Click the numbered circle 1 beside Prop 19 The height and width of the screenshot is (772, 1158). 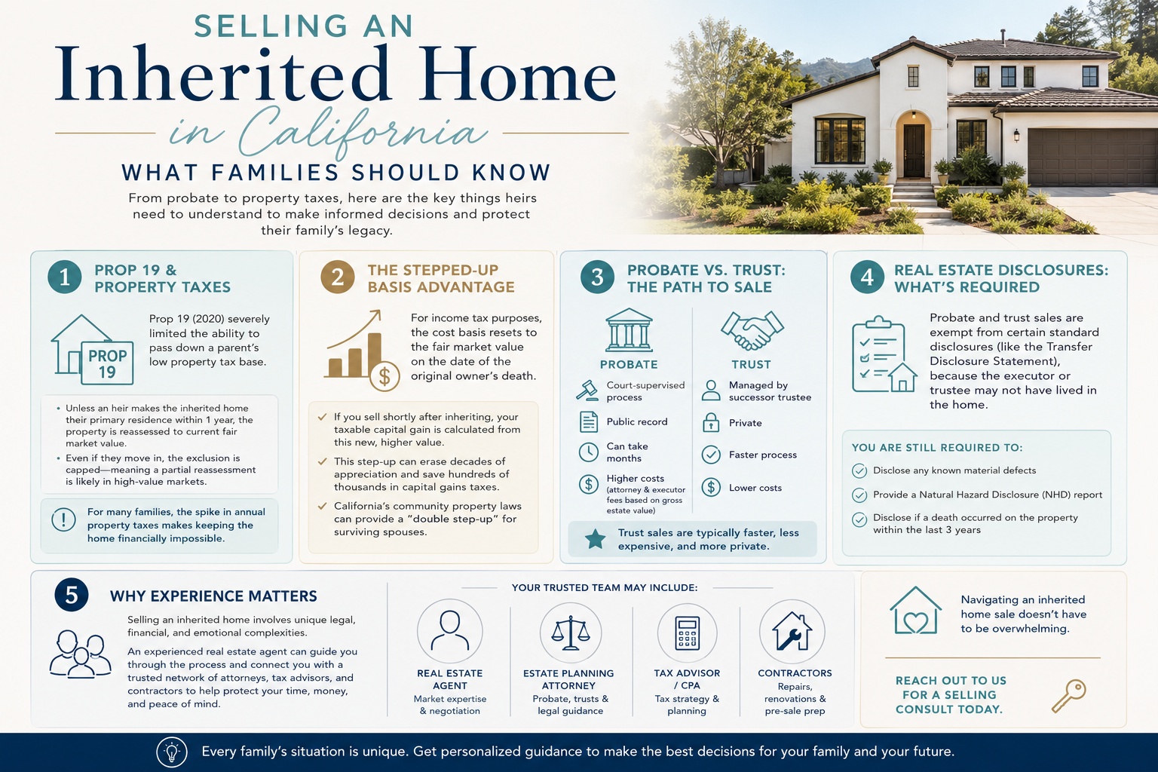click(64, 277)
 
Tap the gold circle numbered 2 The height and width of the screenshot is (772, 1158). click(337, 277)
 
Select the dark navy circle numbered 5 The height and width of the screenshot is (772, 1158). click(72, 595)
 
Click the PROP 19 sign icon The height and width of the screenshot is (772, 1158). click(108, 363)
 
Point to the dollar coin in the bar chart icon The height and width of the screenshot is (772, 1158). click(384, 376)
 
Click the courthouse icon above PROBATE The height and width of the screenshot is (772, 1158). click(629, 330)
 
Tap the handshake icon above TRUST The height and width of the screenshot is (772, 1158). click(752, 330)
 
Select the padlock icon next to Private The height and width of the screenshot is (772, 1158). click(711, 422)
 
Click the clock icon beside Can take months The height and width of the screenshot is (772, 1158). click(588, 452)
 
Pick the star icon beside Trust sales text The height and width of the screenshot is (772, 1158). click(595, 539)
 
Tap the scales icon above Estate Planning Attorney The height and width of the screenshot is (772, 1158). click(570, 633)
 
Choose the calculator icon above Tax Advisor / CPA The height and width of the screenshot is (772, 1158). click(687, 633)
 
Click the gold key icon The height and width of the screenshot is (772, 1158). click(1069, 696)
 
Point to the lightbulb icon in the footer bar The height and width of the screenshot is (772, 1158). click(172, 752)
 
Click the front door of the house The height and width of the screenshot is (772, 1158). click(914, 151)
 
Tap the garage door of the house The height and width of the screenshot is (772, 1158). click(1092, 157)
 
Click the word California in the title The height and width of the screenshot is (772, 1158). click(363, 132)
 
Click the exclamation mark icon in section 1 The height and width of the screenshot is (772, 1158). click(63, 519)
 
